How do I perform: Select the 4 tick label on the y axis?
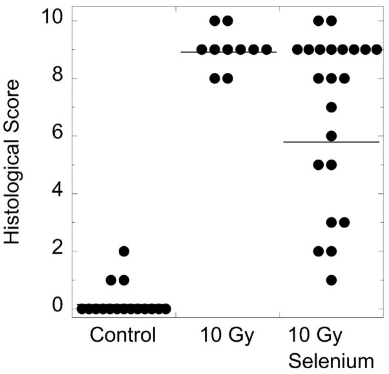[x=57, y=194]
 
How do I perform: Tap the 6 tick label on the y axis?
[x=57, y=136]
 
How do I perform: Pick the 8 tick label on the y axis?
[x=57, y=79]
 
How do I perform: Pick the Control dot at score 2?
[x=124, y=251]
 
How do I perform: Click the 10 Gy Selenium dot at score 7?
[x=331, y=107]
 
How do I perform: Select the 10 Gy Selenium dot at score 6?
[x=331, y=136]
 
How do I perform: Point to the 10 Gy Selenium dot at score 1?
[x=331, y=280]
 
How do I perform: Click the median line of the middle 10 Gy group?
[x=227, y=52]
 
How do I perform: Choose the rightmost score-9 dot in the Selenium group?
[x=375, y=49]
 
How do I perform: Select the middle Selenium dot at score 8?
[x=331, y=79]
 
